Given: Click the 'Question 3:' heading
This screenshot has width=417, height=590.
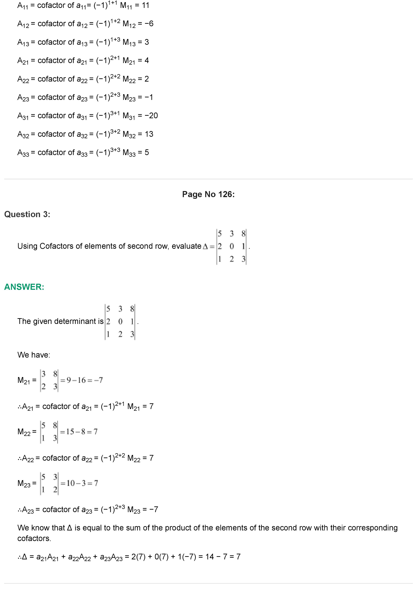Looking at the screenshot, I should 27,214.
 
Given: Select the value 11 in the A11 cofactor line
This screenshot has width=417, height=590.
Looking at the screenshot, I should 146,5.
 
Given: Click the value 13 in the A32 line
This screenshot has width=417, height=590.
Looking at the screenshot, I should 149,134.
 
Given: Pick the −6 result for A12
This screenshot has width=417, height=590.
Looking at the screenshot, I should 149,24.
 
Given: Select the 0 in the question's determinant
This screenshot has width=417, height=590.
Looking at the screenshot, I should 231,246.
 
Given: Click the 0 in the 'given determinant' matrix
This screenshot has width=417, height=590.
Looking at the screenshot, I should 120,321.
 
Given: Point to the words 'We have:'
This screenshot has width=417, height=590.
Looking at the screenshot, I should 34,355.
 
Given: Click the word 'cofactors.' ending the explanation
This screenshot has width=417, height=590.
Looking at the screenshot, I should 34,538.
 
